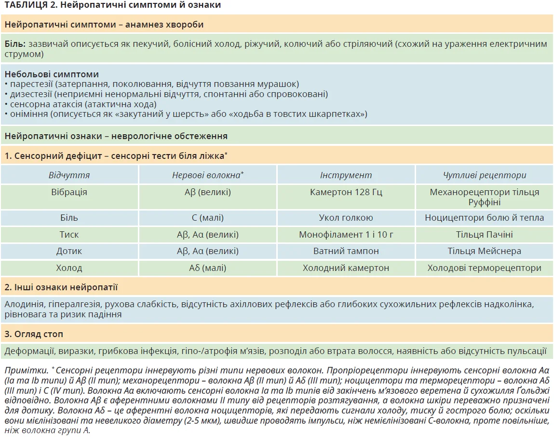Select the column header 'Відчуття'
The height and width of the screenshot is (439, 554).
coord(69,175)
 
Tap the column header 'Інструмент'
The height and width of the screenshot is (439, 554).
coord(346,175)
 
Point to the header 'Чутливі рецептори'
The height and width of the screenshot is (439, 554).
coord(484,175)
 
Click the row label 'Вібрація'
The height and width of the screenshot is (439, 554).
coord(69,192)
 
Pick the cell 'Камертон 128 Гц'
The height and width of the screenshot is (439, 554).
coord(346,192)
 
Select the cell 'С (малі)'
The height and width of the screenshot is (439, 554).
coord(207,218)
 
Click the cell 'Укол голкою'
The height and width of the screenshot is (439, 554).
coord(346,218)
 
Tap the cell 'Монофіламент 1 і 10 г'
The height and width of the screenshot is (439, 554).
coord(346,235)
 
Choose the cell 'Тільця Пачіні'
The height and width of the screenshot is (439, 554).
coord(484,235)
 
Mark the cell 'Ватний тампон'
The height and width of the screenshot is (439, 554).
coord(346,251)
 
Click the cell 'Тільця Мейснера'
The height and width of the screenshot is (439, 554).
coord(484,251)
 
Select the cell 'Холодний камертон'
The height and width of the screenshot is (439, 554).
coord(346,268)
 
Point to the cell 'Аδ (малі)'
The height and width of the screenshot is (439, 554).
coord(207,268)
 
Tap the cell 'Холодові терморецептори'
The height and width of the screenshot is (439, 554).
coord(484,268)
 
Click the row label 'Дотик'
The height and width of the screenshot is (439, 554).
coord(69,251)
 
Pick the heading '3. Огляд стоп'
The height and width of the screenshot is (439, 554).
coord(34,334)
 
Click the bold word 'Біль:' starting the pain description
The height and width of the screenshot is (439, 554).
coord(15,44)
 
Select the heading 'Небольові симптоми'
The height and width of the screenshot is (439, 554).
coord(52,74)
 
